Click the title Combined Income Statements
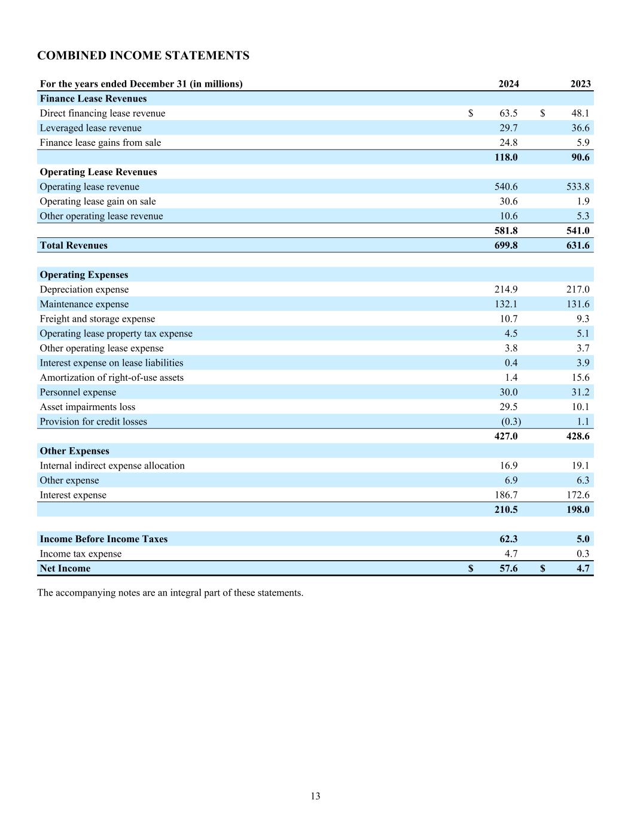(x=143, y=56)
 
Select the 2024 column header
(x=508, y=84)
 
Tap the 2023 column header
(x=580, y=84)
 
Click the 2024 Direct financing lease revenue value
(x=508, y=113)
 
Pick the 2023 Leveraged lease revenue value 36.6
(x=580, y=128)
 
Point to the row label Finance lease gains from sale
(x=100, y=142)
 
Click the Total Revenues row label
(x=74, y=245)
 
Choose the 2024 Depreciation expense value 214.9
(x=506, y=289)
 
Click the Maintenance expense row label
(x=84, y=304)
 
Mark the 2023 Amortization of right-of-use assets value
(x=580, y=377)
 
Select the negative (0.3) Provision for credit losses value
(x=511, y=421)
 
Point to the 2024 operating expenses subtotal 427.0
(x=506, y=436)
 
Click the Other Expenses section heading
(x=75, y=451)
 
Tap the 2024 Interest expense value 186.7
(x=506, y=495)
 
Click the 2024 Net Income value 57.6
(x=508, y=569)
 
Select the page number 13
(x=315, y=796)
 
